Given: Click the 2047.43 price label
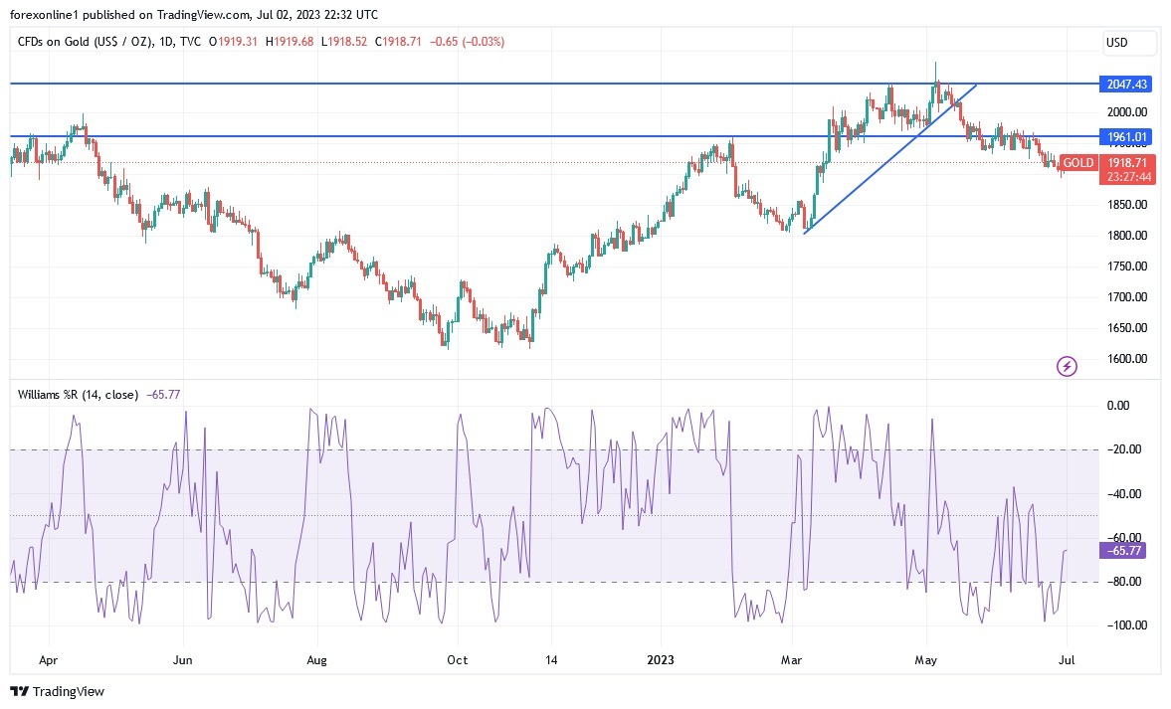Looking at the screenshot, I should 1124,84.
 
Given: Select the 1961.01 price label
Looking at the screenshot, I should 1124,136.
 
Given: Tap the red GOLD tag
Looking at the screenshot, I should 1078,163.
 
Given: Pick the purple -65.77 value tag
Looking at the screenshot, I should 1123,551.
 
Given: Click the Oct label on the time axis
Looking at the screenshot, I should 457,659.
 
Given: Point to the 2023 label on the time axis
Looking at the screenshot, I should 662,659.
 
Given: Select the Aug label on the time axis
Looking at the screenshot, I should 316,659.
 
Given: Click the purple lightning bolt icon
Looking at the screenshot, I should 1067,367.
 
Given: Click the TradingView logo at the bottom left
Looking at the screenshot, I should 58,691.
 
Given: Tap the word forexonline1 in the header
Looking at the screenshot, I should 44,15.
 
